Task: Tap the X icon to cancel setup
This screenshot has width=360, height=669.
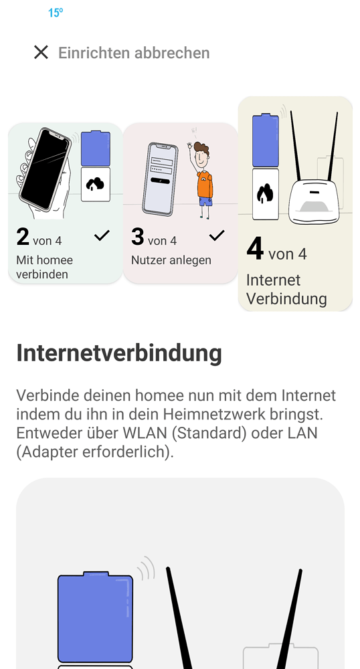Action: (41, 52)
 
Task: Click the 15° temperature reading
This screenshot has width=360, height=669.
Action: (55, 13)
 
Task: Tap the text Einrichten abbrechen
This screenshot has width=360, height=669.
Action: (134, 53)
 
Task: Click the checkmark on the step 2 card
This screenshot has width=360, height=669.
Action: (102, 235)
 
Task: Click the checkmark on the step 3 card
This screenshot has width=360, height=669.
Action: (217, 235)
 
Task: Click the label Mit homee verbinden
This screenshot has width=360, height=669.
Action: (44, 267)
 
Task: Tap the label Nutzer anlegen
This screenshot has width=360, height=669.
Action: (171, 260)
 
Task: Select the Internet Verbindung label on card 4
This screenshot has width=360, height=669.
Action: (286, 289)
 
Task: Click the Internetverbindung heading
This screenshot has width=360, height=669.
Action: (119, 353)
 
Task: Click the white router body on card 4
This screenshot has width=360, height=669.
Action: (315, 201)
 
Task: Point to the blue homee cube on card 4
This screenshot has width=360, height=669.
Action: (265, 140)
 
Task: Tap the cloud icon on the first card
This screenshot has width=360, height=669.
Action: (95, 184)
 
